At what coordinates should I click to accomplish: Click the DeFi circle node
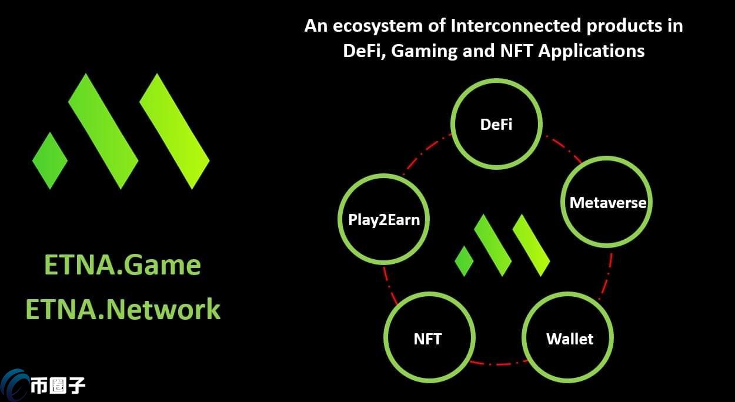tap(496, 125)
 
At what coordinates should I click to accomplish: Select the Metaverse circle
tap(607, 203)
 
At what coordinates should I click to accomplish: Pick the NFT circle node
tap(429, 339)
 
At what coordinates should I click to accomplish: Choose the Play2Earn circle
tap(384, 220)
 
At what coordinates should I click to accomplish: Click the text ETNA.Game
tap(122, 265)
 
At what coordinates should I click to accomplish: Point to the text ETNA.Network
tap(123, 309)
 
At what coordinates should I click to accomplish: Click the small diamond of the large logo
tap(50, 160)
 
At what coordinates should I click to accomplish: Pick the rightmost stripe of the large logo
tap(175, 130)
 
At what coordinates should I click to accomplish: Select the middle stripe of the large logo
tap(103, 130)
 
